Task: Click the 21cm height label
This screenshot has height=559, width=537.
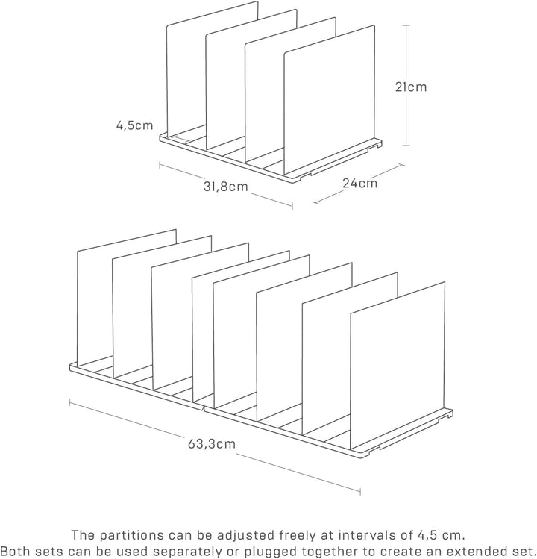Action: click(410, 87)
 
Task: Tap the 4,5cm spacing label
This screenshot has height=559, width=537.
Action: click(135, 125)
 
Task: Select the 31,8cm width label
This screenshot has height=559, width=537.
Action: click(225, 186)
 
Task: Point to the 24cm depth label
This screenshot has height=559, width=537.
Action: click(359, 183)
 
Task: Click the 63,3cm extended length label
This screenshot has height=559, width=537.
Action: click(212, 443)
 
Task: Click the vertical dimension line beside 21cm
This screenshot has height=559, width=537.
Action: click(406, 86)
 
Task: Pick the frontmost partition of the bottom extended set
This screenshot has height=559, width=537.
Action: click(398, 366)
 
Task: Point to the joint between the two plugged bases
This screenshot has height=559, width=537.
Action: click(203, 408)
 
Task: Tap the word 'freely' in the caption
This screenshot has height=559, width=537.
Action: click(298, 535)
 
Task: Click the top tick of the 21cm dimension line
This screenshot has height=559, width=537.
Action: click(406, 25)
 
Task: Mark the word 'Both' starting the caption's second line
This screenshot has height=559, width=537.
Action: click(16, 551)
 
